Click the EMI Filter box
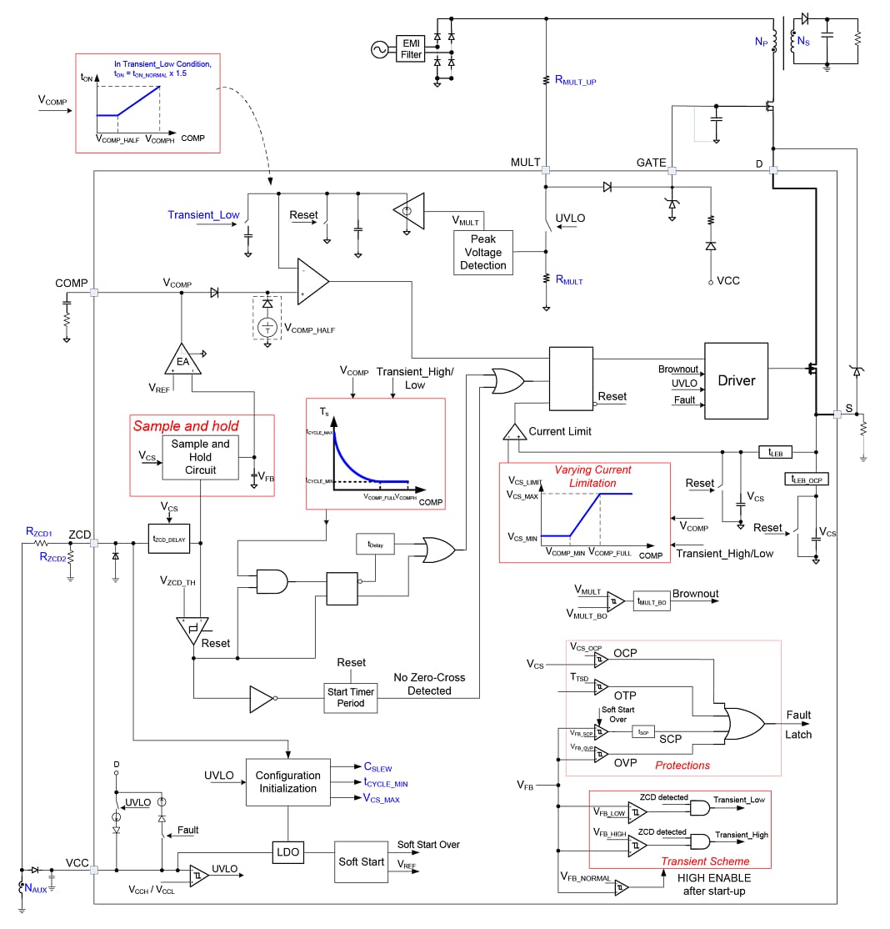point(412,48)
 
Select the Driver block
point(736,380)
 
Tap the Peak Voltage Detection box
point(482,252)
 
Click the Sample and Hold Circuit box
point(200,457)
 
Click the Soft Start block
point(362,861)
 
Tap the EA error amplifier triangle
point(182,360)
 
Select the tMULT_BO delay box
point(651,600)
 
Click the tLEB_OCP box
point(807,479)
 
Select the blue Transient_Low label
point(203,215)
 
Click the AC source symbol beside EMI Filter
point(379,50)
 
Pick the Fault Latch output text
point(798,724)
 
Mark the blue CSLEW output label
point(377,767)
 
